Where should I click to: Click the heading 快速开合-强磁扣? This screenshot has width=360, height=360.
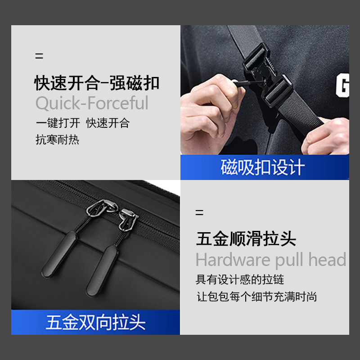coord(97,83)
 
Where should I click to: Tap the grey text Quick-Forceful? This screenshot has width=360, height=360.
coord(92,103)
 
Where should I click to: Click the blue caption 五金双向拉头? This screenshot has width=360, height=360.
coord(95,323)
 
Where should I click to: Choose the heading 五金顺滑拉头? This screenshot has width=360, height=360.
coord(246,238)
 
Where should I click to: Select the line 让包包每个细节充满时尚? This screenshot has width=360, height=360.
coord(257,297)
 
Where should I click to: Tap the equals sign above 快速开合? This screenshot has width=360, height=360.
coord(39,57)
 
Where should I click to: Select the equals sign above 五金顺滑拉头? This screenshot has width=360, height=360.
coord(199,212)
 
